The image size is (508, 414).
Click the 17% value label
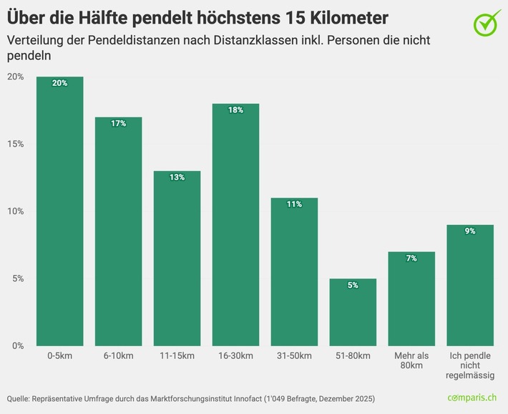pyautogui.click(x=118, y=124)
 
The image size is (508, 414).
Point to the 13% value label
pyautogui.click(x=177, y=178)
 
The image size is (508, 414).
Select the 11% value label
pyautogui.click(x=294, y=205)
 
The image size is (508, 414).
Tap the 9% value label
pyautogui.click(x=470, y=231)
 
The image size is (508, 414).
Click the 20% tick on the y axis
pyautogui.click(x=15, y=77)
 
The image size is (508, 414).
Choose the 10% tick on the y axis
pyautogui.click(x=15, y=211)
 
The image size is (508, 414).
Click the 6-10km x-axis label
pyautogui.click(x=118, y=356)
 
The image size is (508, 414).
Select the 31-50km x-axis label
pyautogui.click(x=294, y=356)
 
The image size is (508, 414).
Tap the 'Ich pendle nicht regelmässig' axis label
pyautogui.click(x=470, y=365)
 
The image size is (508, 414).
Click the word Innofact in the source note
pyautogui.click(x=245, y=398)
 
